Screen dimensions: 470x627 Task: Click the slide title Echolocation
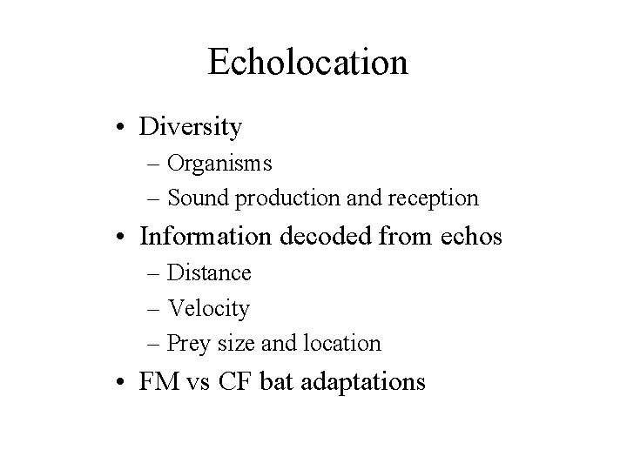[308, 62]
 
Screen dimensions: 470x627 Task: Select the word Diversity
[190, 128]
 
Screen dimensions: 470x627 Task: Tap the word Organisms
[219, 163]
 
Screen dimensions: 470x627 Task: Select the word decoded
[342, 236]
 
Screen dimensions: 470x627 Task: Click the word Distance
[209, 273]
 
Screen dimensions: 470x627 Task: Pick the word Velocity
[208, 308]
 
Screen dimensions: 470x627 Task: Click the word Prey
[187, 344]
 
